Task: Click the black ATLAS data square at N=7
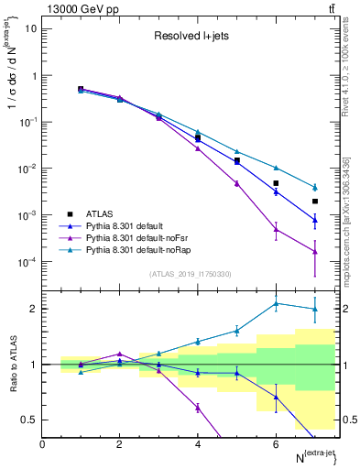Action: (314, 202)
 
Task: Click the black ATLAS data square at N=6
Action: (276, 183)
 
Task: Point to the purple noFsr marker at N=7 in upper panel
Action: (314, 251)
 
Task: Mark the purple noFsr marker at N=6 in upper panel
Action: (276, 229)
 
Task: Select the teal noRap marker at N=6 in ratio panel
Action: (276, 303)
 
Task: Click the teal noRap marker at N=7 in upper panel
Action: (314, 187)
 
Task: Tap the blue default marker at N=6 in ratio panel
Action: (276, 397)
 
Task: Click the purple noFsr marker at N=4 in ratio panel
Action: (198, 408)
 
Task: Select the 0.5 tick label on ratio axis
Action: (30, 420)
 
